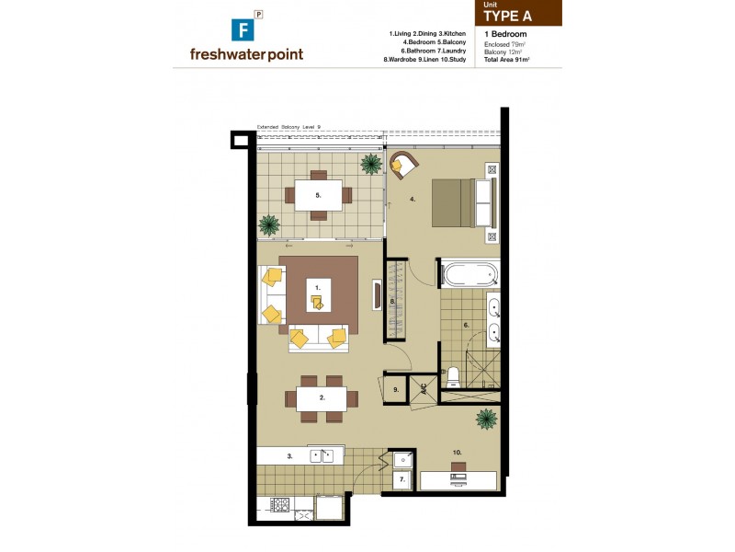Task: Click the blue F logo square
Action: [245, 28]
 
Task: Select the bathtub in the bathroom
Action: [469, 274]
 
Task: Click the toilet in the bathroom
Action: [452, 377]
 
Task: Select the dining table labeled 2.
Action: [322, 398]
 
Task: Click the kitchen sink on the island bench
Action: [322, 454]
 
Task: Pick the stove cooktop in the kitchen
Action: [278, 505]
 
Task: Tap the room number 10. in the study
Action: [457, 452]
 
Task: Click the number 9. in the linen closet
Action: [395, 390]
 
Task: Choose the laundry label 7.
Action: [401, 480]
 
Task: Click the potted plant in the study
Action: [485, 420]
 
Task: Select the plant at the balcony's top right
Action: [371, 165]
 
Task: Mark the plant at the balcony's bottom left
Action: [269, 224]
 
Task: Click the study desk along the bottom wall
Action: [458, 480]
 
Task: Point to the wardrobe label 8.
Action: [392, 300]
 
